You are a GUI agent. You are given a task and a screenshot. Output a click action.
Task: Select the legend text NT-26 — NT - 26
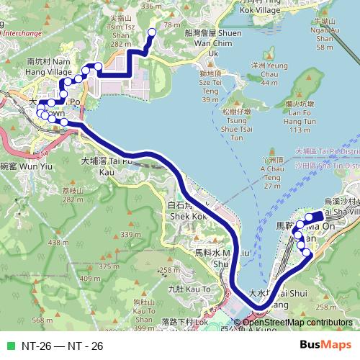[62, 346]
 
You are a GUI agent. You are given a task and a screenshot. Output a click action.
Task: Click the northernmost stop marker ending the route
[152, 32]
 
